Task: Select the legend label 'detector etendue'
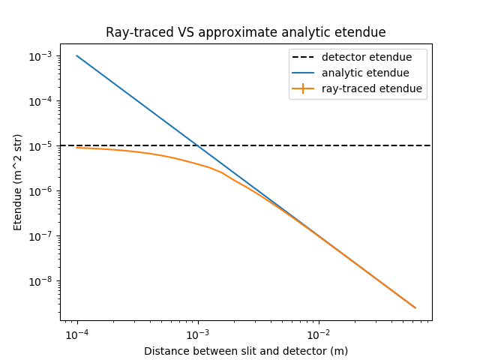tap(367, 57)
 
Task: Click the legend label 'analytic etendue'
tap(365, 73)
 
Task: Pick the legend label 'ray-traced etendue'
tap(371, 88)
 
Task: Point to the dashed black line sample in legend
tap(304, 57)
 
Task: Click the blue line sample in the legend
tap(304, 73)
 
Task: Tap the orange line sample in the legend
tap(304, 88)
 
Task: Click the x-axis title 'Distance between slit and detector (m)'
tap(246, 350)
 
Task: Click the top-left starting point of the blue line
tap(76, 55)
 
